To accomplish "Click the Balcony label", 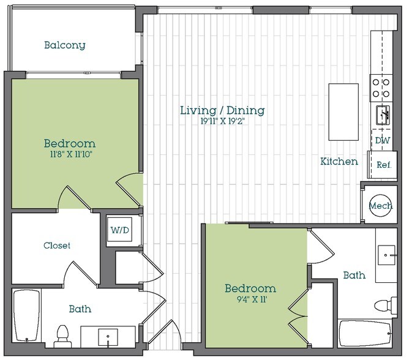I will [x=64, y=45].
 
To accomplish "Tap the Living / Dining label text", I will [x=222, y=111].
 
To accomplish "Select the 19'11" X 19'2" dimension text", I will [x=222, y=121].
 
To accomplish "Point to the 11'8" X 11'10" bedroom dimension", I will [x=69, y=154].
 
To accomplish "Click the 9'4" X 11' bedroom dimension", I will [x=249, y=299].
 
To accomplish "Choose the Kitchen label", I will [x=339, y=162].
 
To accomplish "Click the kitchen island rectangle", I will [x=343, y=112].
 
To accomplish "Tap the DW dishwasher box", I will [x=383, y=141].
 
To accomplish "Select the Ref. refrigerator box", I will [x=384, y=164].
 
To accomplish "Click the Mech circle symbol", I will [x=381, y=206].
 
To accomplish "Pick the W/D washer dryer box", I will [x=120, y=230].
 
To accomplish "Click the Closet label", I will [x=56, y=246].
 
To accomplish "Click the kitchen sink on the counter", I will [x=383, y=114].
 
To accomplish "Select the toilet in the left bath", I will [x=62, y=334].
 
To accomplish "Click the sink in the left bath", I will [x=108, y=336].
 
